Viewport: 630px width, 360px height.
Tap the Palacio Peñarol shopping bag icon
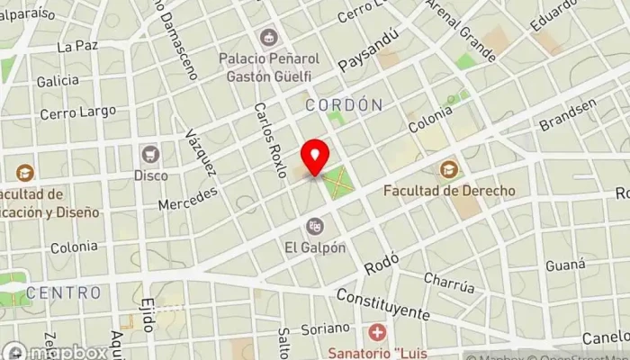point(267,37)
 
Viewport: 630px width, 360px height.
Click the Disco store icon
point(150,154)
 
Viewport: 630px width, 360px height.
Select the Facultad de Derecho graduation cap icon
point(448,169)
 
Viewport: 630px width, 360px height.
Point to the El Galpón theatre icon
point(315,226)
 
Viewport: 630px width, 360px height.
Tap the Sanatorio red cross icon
point(376,331)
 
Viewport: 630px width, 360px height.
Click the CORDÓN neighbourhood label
point(343,105)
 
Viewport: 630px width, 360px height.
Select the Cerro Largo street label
point(78,112)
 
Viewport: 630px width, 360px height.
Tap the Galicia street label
point(58,81)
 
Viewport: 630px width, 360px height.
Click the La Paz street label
point(76,46)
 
